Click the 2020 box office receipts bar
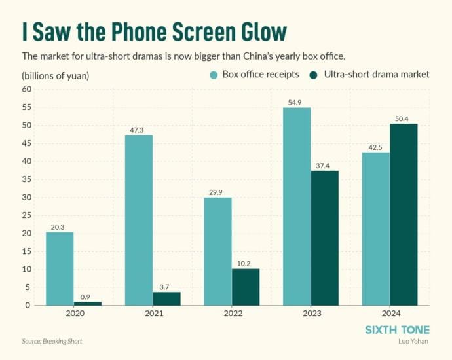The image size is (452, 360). point(60,269)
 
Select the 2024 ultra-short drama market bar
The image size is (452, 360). point(404,215)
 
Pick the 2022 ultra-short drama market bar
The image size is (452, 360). point(246,287)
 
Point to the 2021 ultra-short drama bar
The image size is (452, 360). point(166,298)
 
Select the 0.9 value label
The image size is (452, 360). point(87,297)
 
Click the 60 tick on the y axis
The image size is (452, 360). point(27,90)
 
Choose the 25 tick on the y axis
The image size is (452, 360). point(27,215)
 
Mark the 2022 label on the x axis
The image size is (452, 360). point(232,314)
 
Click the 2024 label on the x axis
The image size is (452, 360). point(390,314)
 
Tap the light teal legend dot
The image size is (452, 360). point(213,74)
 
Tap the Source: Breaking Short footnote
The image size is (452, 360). point(52,341)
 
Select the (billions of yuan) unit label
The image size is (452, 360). point(55,75)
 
